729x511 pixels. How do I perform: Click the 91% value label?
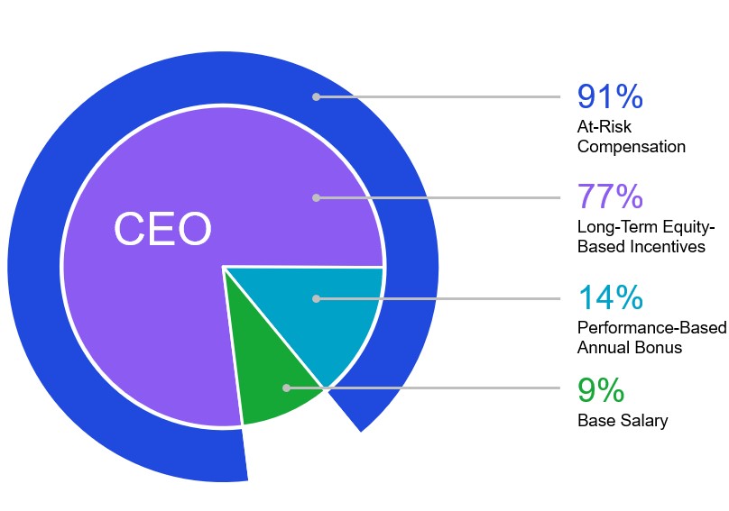(609, 96)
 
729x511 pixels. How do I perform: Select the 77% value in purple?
(609, 196)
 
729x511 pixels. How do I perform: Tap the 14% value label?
(609, 297)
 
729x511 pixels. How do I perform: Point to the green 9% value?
(601, 390)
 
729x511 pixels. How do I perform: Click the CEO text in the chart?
(162, 230)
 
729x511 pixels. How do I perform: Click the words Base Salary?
(623, 421)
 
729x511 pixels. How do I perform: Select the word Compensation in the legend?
(632, 146)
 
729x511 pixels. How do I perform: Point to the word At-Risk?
(604, 127)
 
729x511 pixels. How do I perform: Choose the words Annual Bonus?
(630, 347)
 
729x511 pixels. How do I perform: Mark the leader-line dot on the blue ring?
(316, 96)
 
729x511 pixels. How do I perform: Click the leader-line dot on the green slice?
(286, 388)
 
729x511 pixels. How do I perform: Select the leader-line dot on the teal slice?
(316, 298)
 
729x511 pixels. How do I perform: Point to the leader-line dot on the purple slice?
(316, 197)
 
